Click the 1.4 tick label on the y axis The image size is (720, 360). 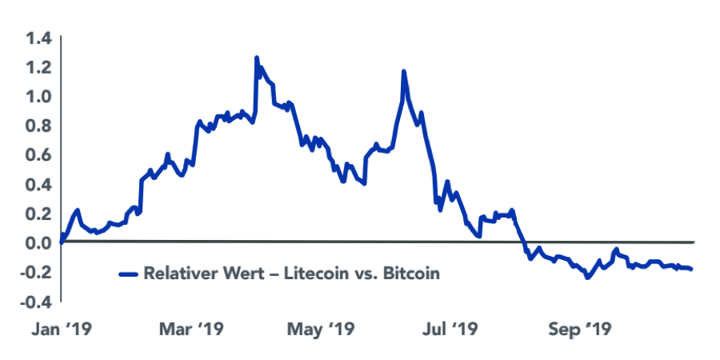[38, 38]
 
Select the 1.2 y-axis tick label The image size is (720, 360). [38, 67]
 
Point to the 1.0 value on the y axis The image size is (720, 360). [38, 96]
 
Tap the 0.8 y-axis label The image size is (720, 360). [38, 126]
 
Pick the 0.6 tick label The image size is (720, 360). [38, 154]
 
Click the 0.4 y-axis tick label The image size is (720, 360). [38, 184]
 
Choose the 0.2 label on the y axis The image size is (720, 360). [38, 213]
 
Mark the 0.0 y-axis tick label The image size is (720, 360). [38, 242]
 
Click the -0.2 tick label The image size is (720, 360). [36, 272]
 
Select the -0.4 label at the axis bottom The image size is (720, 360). [36, 302]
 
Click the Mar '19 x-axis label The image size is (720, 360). [191, 330]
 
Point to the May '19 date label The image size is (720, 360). [321, 330]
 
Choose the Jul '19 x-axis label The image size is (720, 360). [450, 330]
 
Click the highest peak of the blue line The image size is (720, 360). [256, 58]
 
